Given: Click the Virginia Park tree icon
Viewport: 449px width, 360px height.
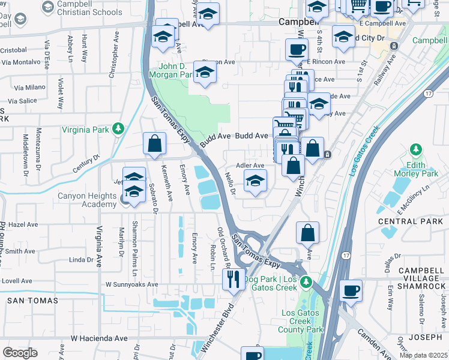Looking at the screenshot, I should pos(119,128).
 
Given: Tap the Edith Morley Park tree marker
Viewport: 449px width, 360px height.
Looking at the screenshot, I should pos(415,149).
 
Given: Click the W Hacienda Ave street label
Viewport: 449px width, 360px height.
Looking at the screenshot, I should pos(99,338).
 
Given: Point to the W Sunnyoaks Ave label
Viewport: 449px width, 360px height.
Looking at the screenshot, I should pos(131,284).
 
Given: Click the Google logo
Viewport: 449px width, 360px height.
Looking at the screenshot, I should pos(20,352).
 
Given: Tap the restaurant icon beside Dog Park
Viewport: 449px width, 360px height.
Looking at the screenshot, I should pos(233,278).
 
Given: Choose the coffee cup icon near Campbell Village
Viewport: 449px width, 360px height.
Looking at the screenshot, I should pos(351,290).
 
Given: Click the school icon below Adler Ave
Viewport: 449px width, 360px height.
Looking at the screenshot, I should pos(255,181).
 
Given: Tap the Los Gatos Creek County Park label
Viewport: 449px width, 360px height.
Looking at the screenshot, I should pos(303,321).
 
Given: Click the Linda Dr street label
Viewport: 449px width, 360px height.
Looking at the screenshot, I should pos(81,260).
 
